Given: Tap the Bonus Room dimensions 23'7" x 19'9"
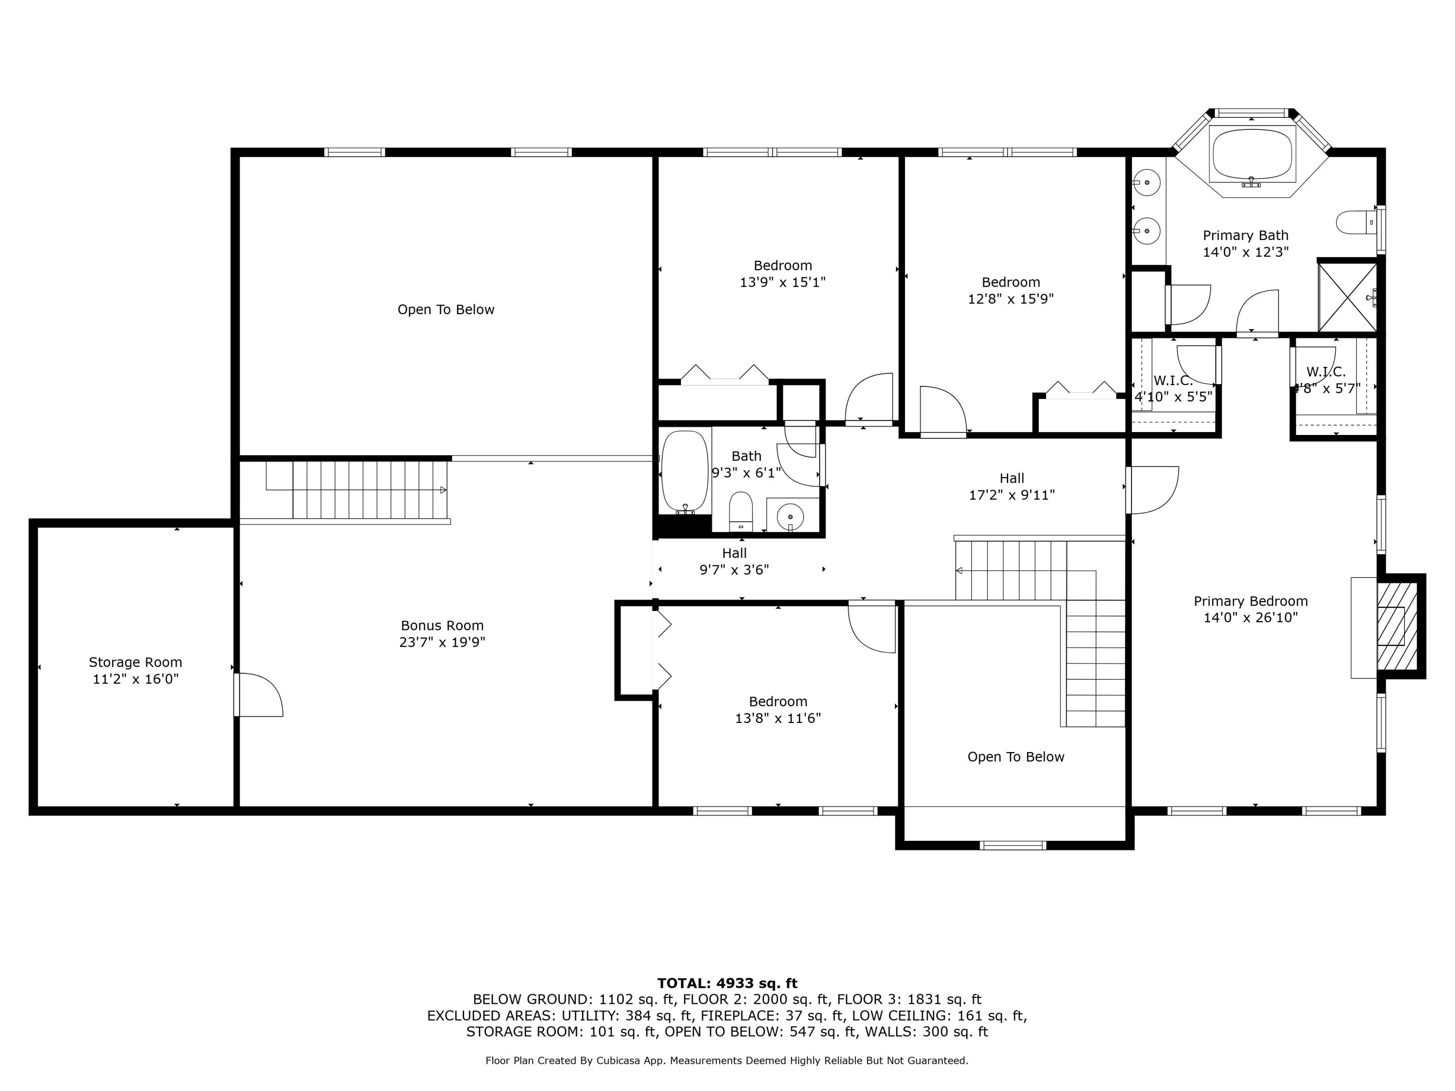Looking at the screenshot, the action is click(x=442, y=642).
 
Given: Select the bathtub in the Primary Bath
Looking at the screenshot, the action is click(x=1252, y=155).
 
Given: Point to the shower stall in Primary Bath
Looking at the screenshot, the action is click(x=1348, y=297).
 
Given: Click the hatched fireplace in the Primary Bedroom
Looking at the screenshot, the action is click(x=1398, y=626).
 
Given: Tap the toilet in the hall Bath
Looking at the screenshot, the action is click(x=741, y=511).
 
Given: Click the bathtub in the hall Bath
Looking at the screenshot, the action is click(x=685, y=471).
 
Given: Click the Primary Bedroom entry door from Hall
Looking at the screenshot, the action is click(x=1152, y=490).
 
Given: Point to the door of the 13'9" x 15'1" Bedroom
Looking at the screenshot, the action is click(x=869, y=399).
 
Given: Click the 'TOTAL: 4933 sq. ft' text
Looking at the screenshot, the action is click(x=727, y=983).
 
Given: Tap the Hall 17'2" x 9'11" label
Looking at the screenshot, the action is click(x=1012, y=487).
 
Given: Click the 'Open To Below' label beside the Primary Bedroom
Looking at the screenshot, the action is click(x=1016, y=757).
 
